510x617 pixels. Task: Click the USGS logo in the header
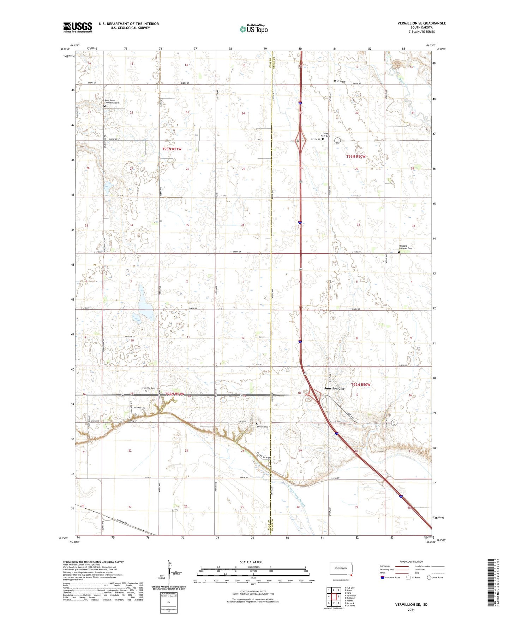tap(78, 27)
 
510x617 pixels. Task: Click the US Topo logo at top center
tap(253, 29)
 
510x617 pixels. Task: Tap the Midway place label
tap(339, 81)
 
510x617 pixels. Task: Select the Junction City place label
tap(334, 388)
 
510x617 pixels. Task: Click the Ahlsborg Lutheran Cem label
tap(405, 247)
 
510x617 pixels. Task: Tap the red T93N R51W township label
tap(172, 149)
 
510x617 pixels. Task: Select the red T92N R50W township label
tap(361, 384)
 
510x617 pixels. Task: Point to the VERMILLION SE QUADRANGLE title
tap(421, 23)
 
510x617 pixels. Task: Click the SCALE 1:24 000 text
tap(251, 562)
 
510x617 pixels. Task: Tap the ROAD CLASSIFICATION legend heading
tap(411, 562)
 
